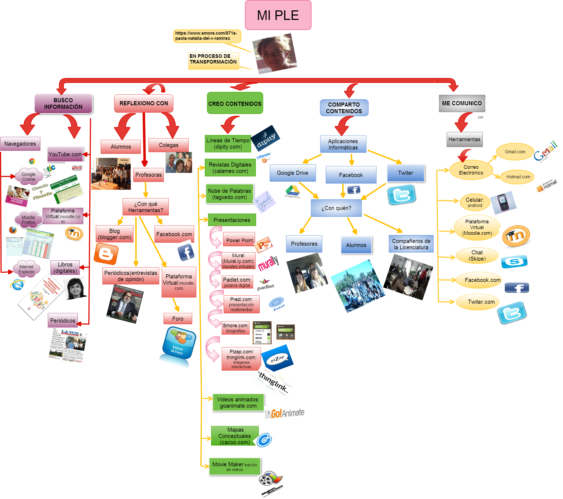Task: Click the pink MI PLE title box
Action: click(278, 15)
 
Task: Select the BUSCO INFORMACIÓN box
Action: click(63, 103)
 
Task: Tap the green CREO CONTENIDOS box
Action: click(235, 103)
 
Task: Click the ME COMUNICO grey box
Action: click(462, 103)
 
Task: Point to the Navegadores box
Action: click(20, 144)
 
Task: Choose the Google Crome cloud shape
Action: click(29, 177)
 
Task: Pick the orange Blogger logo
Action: click(106, 254)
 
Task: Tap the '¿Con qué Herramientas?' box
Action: click(146, 207)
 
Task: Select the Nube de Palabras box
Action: click(229, 194)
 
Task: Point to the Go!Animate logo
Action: click(285, 413)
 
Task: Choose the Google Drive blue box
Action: click(292, 173)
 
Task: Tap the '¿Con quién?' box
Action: click(336, 208)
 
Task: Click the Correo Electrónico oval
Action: click(471, 170)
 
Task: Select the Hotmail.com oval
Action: click(518, 177)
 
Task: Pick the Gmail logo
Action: click(547, 151)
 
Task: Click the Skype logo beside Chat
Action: click(514, 261)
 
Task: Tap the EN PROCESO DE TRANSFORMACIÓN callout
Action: click(213, 60)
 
